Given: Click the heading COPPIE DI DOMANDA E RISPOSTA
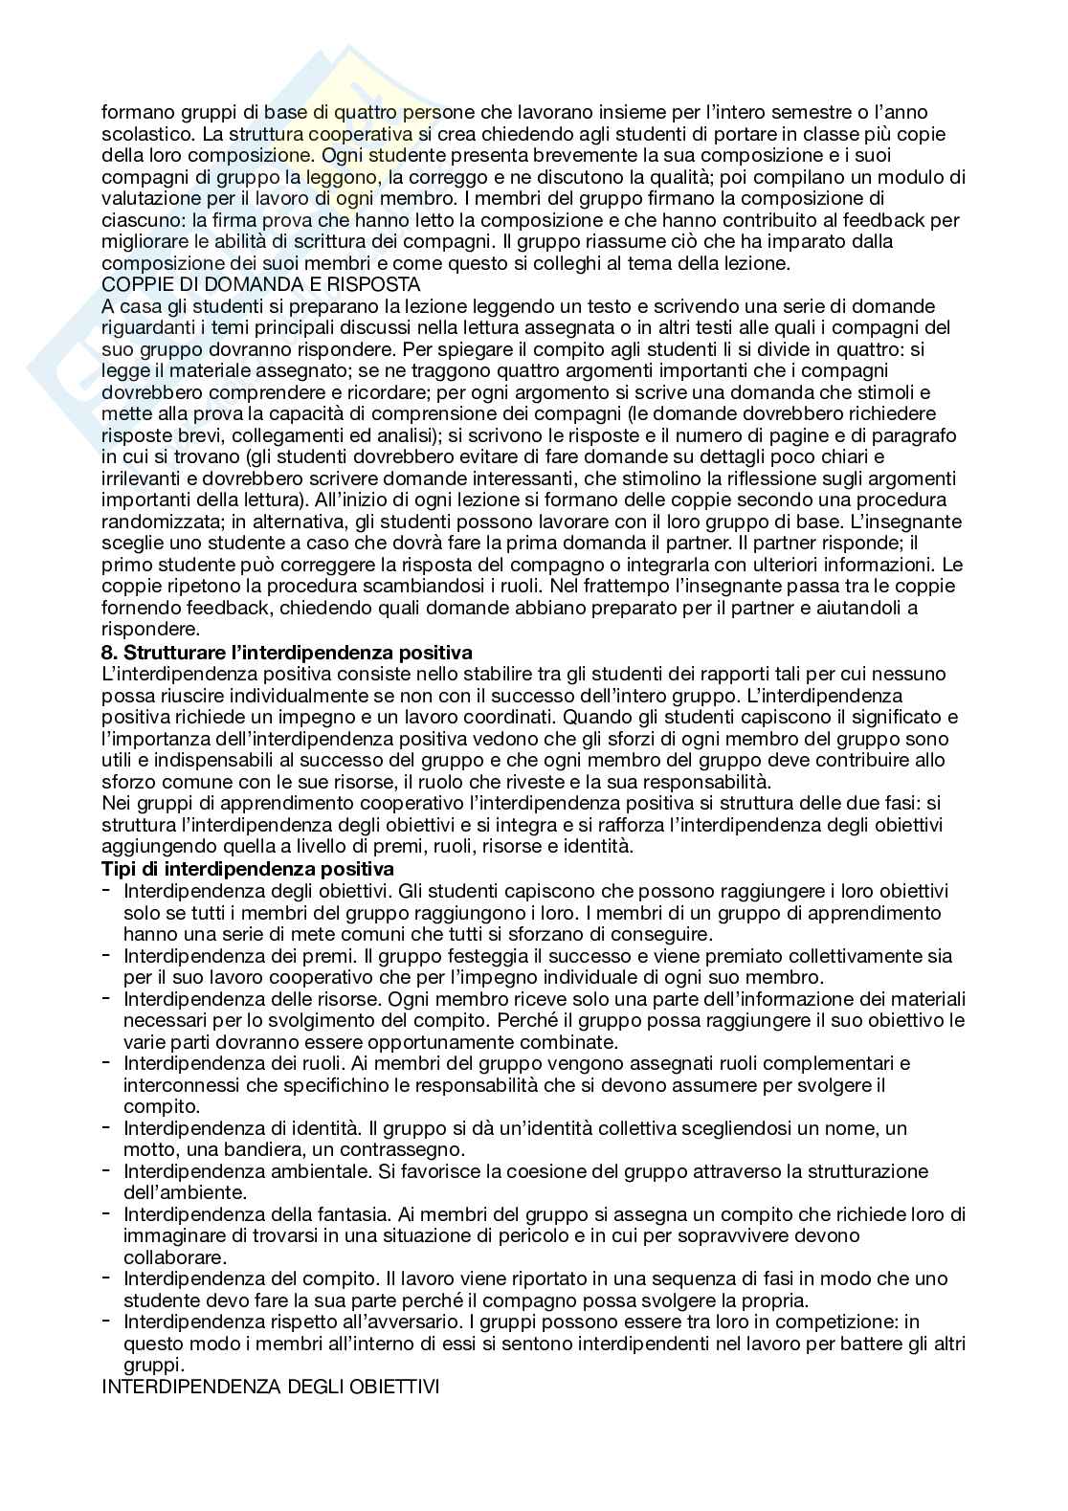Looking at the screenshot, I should click(x=260, y=285).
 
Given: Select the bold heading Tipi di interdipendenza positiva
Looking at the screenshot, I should click(x=248, y=869).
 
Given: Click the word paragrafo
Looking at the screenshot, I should click(x=917, y=435).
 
